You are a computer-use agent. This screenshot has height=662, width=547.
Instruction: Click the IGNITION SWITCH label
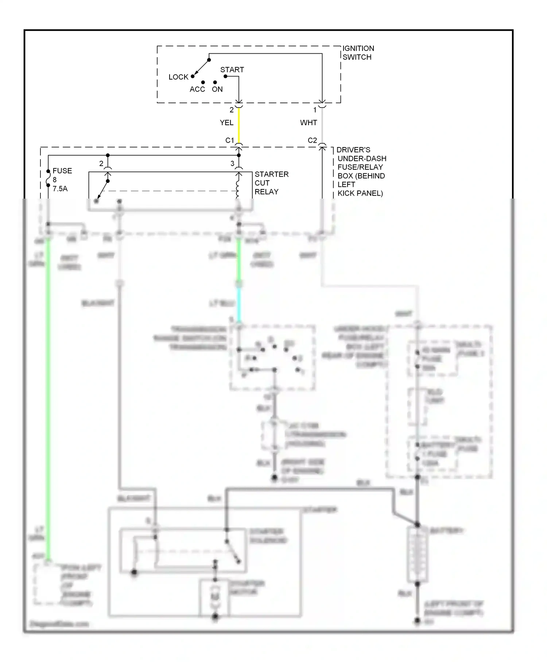coord(358,53)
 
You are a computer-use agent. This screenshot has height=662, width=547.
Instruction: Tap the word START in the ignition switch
coord(232,70)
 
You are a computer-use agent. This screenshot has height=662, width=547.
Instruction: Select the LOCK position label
coord(178,77)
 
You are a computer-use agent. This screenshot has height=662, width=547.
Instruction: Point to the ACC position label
coord(197,89)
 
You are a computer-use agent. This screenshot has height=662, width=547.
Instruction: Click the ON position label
coord(217,89)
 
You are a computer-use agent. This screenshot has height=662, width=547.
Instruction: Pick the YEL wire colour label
coord(226,123)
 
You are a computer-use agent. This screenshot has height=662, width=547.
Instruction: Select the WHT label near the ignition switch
coord(309,123)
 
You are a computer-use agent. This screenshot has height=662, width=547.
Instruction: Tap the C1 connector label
coord(229,141)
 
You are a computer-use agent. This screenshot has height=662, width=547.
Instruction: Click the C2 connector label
coord(312,141)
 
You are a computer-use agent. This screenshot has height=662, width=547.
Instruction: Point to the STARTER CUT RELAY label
coord(271,183)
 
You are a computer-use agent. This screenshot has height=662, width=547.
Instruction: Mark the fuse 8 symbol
coord(48,178)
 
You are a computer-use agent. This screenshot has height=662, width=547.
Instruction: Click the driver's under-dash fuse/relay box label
coord(360,172)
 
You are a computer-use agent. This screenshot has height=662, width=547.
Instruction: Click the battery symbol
coord(417,555)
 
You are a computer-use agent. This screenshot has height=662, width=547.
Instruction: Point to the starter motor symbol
coord(215,597)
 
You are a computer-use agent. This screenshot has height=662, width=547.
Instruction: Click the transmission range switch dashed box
coord(272,358)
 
